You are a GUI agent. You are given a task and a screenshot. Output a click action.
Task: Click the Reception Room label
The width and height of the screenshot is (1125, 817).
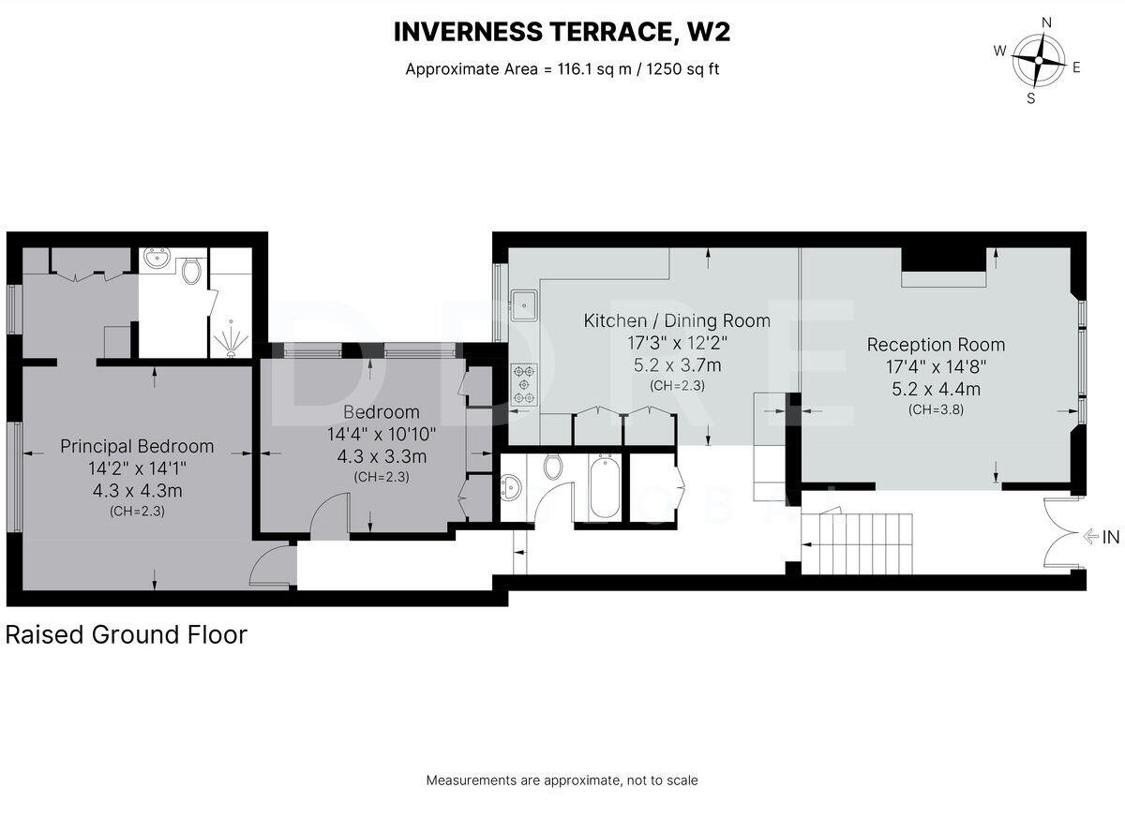(937, 345)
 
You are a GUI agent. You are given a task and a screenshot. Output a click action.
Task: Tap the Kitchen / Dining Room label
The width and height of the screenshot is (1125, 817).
(677, 320)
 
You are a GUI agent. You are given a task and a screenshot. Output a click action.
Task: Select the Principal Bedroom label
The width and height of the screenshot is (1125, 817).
(137, 446)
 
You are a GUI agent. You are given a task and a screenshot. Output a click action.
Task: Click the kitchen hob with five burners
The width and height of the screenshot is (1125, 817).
(524, 384)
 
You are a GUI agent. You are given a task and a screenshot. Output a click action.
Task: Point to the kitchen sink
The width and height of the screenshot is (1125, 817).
(524, 305)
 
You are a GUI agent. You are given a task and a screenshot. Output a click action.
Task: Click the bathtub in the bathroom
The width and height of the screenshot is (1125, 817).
(606, 486)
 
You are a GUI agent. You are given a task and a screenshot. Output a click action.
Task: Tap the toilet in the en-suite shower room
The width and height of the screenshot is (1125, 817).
(191, 271)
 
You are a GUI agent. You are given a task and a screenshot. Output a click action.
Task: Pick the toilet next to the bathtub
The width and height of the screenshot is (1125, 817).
(553, 467)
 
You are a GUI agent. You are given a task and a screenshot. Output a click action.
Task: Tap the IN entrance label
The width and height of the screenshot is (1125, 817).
(1110, 538)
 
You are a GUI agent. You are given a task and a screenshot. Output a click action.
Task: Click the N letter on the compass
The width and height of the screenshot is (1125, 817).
(1046, 22)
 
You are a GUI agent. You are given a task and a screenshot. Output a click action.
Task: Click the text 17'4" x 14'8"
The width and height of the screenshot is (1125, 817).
(937, 367)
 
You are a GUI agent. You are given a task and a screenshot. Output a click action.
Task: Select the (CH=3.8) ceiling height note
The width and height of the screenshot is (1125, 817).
(937, 409)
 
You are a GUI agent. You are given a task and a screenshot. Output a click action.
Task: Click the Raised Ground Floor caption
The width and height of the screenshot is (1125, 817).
(127, 635)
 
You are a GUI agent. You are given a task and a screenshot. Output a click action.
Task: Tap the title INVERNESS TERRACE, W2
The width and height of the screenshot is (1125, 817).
(562, 32)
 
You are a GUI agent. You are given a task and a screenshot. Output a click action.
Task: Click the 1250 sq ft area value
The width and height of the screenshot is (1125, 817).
(683, 68)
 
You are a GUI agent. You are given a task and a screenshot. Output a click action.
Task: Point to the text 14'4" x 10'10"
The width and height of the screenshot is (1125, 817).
(382, 434)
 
